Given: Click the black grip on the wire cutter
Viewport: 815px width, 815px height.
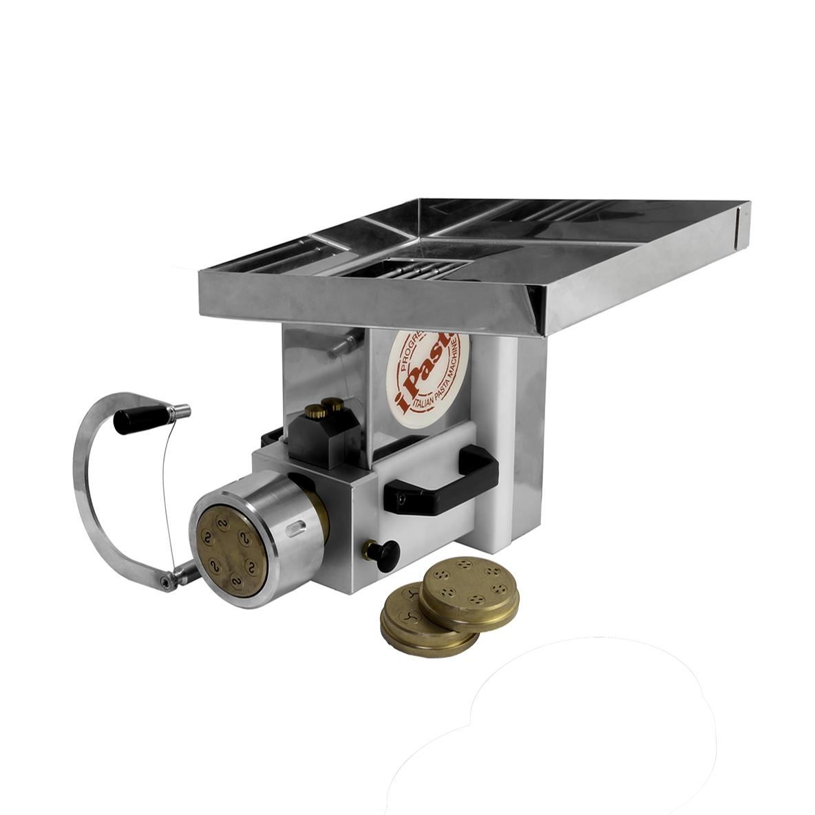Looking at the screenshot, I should tap(140, 420).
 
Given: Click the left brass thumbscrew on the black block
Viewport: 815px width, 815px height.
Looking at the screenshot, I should tap(319, 412).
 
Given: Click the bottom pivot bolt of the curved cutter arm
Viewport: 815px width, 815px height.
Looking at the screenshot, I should tap(165, 583).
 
